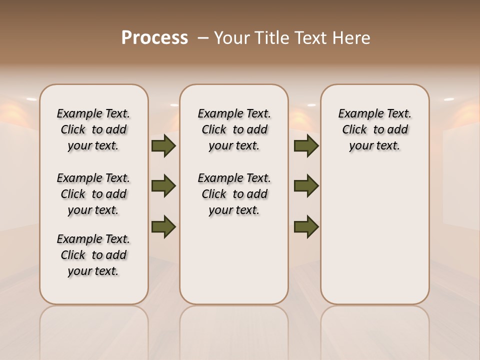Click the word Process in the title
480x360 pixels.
click(154, 37)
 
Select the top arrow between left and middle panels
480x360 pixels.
click(163, 146)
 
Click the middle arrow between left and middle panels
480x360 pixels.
click(163, 186)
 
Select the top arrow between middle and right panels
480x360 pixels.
click(306, 146)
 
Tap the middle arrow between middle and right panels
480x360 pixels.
click(306, 186)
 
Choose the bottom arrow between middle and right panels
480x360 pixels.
click(306, 226)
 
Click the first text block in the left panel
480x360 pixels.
click(93, 129)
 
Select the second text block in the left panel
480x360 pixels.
click(93, 194)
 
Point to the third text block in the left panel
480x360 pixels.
click(93, 255)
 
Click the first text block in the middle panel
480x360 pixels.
click(234, 129)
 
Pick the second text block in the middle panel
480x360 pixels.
click(234, 194)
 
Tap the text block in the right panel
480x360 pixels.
click(374, 129)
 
